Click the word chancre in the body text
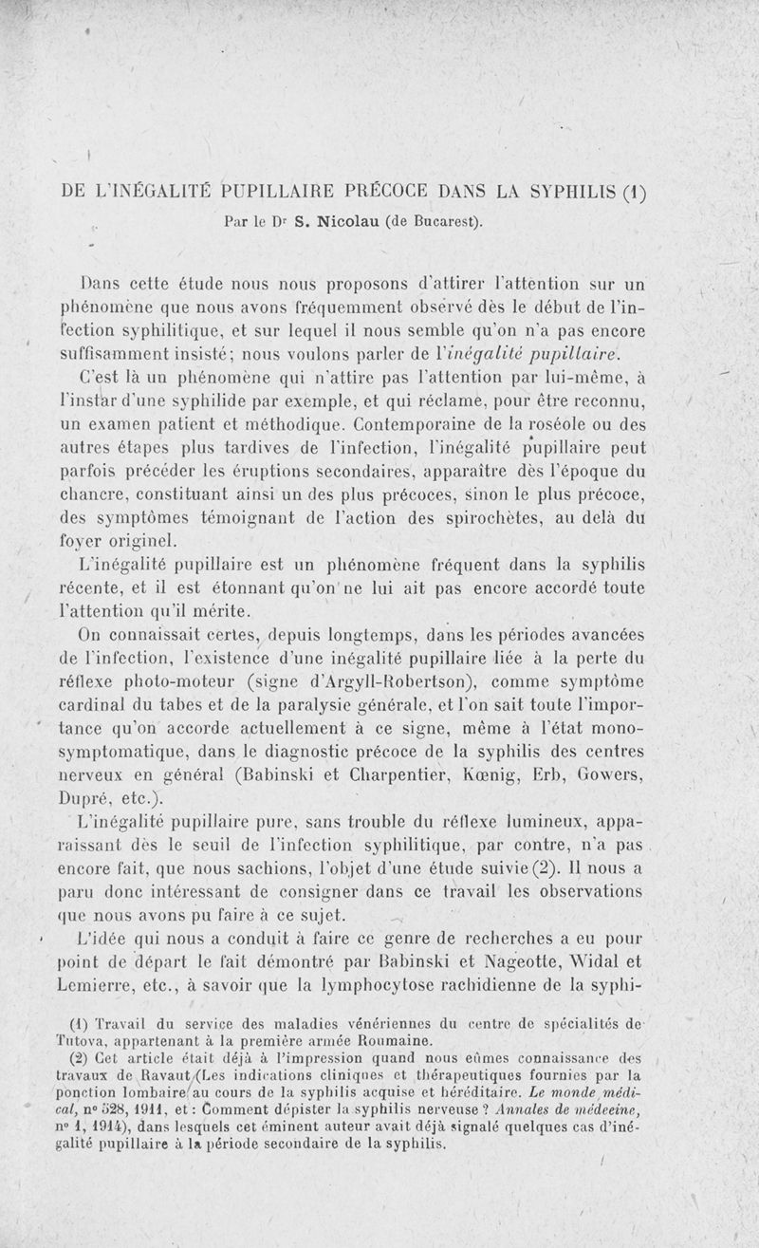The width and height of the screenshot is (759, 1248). pos(94,494)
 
